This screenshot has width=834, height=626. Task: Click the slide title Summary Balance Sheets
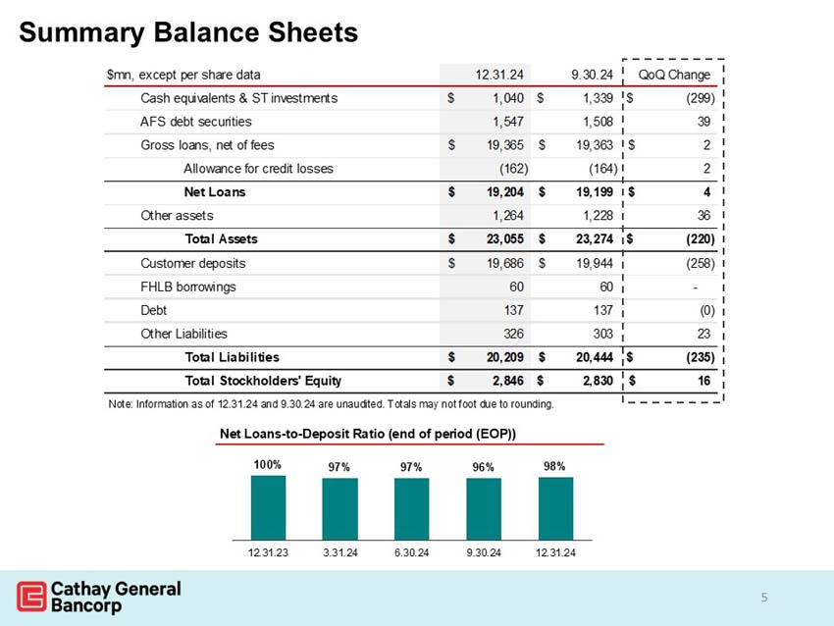point(188,32)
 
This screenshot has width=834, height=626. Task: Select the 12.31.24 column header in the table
point(499,74)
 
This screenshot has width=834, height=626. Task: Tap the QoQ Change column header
point(674,74)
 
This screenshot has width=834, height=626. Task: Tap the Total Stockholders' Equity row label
point(263,380)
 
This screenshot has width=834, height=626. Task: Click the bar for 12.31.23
point(267,507)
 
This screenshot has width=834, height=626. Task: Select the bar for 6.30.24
point(411,508)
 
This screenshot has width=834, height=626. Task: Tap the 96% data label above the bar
point(483,467)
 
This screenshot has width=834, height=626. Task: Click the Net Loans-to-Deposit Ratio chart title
point(368,433)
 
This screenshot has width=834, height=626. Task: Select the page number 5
point(764,598)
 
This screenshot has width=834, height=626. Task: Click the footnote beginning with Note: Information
point(331,404)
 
